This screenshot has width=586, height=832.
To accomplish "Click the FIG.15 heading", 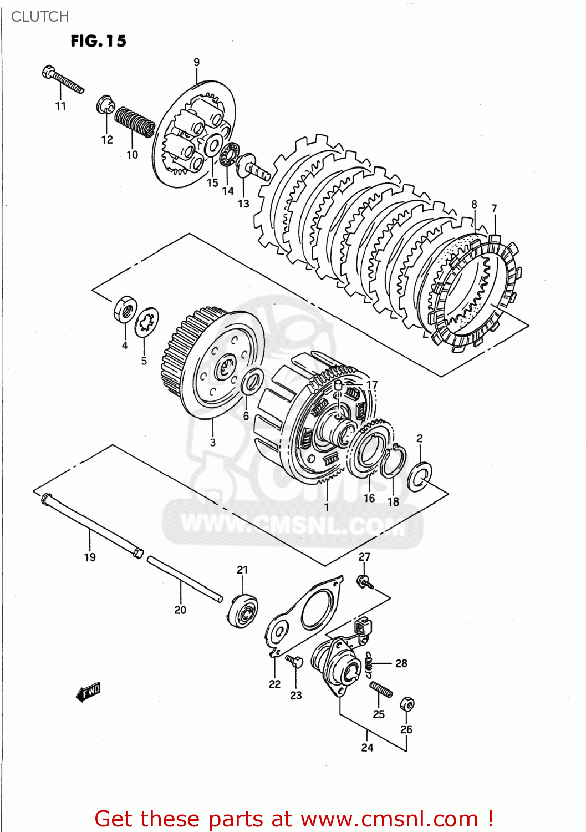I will pyautogui.click(x=98, y=41).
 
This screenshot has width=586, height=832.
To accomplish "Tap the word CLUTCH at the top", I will pyautogui.click(x=40, y=17).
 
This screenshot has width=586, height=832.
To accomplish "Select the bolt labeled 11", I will pyautogui.click(x=62, y=80).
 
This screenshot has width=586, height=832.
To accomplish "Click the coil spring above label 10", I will pyautogui.click(x=134, y=121).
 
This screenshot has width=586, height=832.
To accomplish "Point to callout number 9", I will pyautogui.click(x=196, y=62).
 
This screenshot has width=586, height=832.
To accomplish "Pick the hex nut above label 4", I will pyautogui.click(x=125, y=309).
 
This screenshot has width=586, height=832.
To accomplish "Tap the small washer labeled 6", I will pyautogui.click(x=253, y=382).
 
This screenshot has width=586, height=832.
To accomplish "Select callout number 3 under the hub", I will pyautogui.click(x=212, y=442).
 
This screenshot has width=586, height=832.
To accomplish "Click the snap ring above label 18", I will pyautogui.click(x=394, y=461).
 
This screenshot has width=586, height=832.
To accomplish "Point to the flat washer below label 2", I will pyautogui.click(x=420, y=475).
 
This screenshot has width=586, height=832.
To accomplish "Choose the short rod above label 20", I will pyautogui.click(x=184, y=579).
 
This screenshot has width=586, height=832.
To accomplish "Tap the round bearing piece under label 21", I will pyautogui.click(x=243, y=610).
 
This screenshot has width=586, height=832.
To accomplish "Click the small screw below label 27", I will pyautogui.click(x=365, y=582).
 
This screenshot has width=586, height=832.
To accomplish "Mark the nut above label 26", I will pyautogui.click(x=407, y=704).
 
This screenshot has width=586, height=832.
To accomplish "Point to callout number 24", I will pyautogui.click(x=367, y=748).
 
